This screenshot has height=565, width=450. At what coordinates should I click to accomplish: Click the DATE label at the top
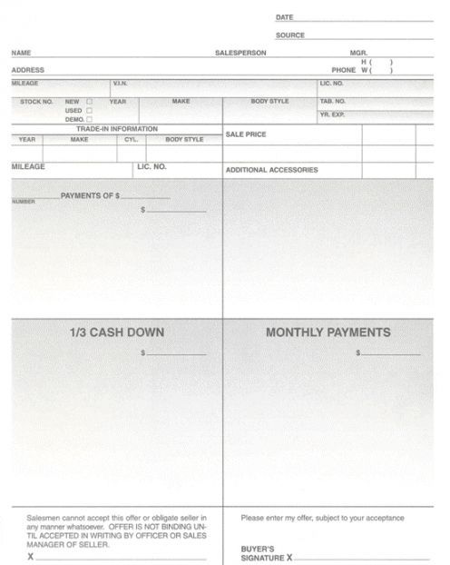point(284,17)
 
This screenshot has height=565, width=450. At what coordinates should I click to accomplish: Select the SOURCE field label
point(290,35)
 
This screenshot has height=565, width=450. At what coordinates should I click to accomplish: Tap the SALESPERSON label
point(240,53)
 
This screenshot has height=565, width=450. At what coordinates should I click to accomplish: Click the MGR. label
point(358,53)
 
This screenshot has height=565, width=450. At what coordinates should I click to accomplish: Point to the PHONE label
point(343,70)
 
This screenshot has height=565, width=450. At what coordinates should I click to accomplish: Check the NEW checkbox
point(89,102)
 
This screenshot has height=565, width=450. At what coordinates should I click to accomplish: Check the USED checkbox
point(89,111)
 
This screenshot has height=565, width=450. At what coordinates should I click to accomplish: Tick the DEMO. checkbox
point(89,120)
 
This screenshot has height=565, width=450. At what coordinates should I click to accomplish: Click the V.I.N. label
point(120,84)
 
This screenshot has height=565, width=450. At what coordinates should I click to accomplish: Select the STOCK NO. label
point(36,102)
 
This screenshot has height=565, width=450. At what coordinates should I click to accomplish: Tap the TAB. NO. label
point(333,102)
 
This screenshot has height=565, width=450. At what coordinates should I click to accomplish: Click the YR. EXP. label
point(333,115)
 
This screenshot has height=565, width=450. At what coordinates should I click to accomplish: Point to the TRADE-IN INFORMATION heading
point(116,129)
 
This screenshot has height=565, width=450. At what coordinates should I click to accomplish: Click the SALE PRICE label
point(245,134)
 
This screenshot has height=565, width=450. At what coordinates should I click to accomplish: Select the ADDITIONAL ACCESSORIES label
point(271,170)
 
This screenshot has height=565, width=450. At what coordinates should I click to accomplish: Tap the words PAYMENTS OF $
point(90,196)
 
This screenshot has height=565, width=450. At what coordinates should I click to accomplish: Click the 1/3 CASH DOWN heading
point(117,332)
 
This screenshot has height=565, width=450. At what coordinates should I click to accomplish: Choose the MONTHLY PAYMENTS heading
point(328,332)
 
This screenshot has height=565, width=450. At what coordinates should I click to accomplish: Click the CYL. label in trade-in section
point(131,140)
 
